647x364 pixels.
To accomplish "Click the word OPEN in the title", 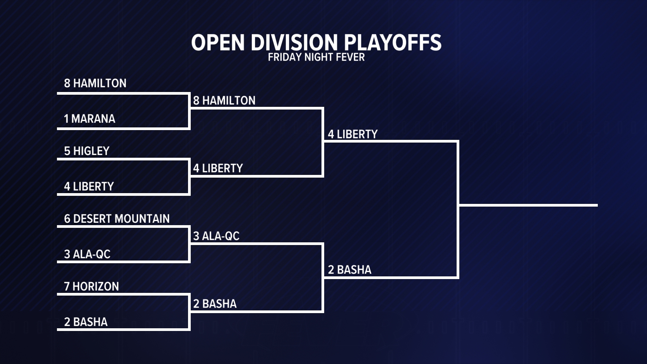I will [x=218, y=43].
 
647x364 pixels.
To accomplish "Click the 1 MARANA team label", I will [x=90, y=119].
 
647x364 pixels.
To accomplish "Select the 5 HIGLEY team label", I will [x=87, y=151].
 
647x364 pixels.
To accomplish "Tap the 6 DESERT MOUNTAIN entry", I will [x=117, y=219].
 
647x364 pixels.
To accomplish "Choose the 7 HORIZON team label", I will [x=92, y=286].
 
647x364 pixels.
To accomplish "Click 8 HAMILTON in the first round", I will [x=95, y=83].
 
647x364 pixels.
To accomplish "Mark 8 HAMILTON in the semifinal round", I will [x=224, y=100].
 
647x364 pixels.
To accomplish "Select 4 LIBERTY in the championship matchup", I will [x=353, y=134].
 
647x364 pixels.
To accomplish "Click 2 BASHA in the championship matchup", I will [x=350, y=270].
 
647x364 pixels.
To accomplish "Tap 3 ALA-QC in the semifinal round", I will [x=216, y=236].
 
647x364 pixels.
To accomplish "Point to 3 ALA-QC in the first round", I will [x=87, y=254].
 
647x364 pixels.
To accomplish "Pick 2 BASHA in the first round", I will [x=86, y=322].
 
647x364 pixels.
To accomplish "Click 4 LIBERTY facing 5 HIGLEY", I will [x=89, y=186].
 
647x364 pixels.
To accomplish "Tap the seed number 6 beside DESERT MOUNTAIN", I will [x=67, y=219].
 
